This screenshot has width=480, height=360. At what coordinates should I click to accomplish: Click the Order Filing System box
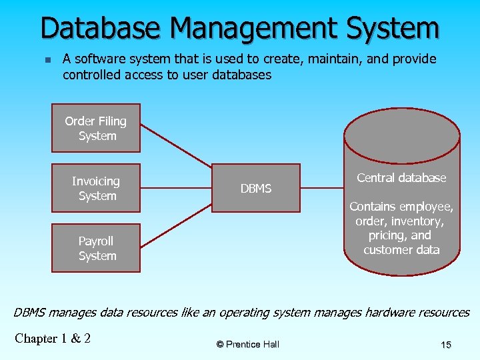[x=96, y=128]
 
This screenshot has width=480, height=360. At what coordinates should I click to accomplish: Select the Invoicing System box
[x=96, y=188]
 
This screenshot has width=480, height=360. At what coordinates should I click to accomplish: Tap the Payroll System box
[x=96, y=248]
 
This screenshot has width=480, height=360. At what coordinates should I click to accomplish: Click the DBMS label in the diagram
[x=256, y=189]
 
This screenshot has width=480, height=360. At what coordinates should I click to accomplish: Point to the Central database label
[x=401, y=178]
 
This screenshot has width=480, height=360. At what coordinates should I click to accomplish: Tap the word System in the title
[x=396, y=29]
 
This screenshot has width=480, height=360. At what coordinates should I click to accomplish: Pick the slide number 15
[x=446, y=345]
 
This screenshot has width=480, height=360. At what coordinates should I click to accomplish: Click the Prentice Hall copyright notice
[x=248, y=345]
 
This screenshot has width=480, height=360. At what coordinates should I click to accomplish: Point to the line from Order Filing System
[x=176, y=147]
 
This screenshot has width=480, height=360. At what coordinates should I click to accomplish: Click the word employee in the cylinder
[x=428, y=207]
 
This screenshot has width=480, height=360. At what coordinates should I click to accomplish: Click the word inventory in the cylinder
[x=418, y=221]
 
